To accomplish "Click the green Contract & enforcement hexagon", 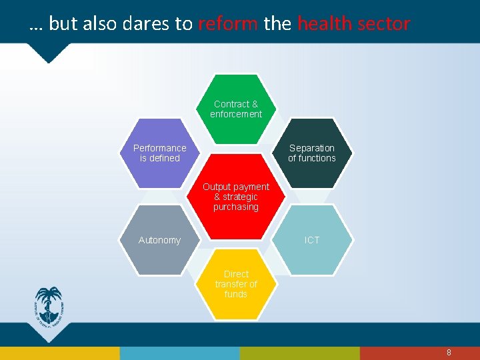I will pos(236,109).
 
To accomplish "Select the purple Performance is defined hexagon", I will pos(160,153).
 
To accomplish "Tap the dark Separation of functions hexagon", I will pos(312,153).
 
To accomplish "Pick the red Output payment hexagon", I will pos(236,197).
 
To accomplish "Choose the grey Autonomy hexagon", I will pos(160,240).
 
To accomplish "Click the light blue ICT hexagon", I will pos(312,240).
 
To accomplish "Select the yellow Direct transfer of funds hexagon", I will pos(236,284).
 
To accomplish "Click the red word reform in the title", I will pos(227,24).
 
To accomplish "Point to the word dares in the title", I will pos(147,24).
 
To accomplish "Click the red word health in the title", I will pos(324,24).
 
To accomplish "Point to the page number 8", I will pos(449,352).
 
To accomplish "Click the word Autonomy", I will pos(159,240).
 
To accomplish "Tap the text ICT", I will pos(312,240).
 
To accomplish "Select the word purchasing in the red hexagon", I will pos(236,207).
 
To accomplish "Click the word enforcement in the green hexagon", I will pos(236,114).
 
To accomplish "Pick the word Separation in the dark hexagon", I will pos(312,148).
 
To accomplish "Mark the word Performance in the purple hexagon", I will pos(160,148).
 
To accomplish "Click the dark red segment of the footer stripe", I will pos(419,353).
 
